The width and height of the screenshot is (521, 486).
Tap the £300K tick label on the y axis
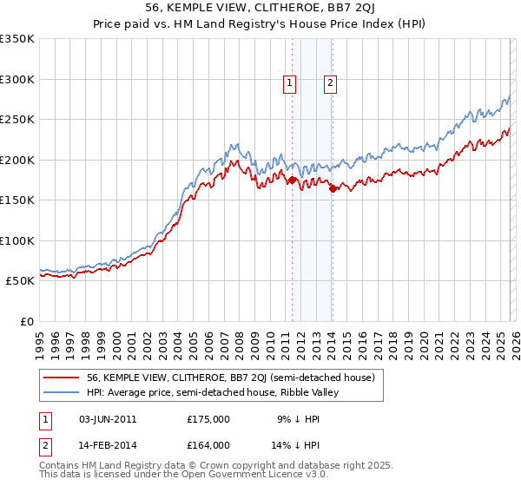17,79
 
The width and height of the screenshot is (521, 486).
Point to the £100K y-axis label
17,240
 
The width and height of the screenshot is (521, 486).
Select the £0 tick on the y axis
26,321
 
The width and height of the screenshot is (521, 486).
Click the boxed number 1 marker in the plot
289,83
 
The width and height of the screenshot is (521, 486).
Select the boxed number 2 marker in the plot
331,83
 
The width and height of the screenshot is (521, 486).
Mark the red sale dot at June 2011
292,181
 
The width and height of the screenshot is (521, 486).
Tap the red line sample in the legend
62,378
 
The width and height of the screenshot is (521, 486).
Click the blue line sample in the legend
62,392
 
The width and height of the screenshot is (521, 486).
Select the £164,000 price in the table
208,444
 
